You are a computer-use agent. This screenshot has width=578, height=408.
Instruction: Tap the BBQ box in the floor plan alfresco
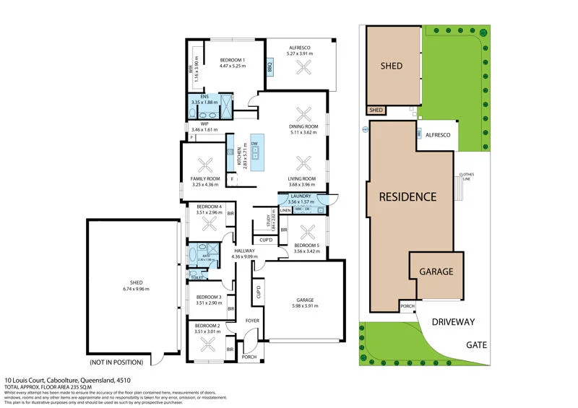click(x=269, y=68)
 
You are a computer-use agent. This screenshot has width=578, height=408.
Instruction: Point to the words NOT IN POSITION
click(x=116, y=362)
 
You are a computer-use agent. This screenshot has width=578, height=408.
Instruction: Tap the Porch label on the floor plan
click(x=249, y=356)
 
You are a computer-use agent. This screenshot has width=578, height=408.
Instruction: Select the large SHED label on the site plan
click(x=392, y=66)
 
